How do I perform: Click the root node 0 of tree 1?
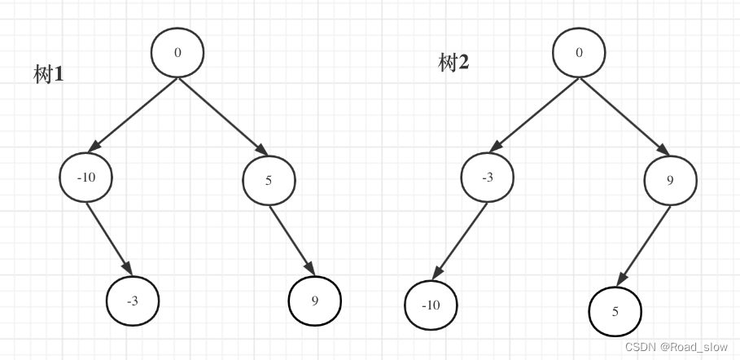[177, 53]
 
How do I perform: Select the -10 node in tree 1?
[85, 178]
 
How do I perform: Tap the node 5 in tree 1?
[269, 179]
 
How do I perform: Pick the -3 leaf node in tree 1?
[133, 301]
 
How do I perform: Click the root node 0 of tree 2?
[579, 53]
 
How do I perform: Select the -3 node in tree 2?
[488, 178]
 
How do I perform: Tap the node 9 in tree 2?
[670, 179]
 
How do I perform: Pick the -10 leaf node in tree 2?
[431, 306]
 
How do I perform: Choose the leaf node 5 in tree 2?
[615, 310]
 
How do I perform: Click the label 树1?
[49, 75]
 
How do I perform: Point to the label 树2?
[453, 63]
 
